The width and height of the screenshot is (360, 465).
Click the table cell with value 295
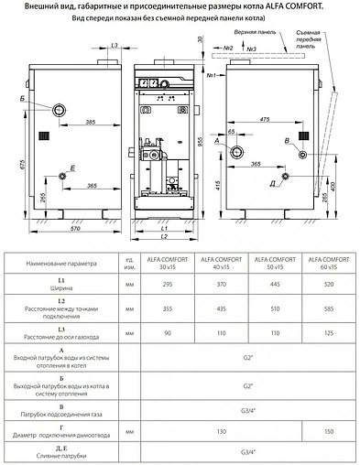[x=165, y=286]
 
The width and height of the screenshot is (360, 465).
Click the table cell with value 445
[x=271, y=286]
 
